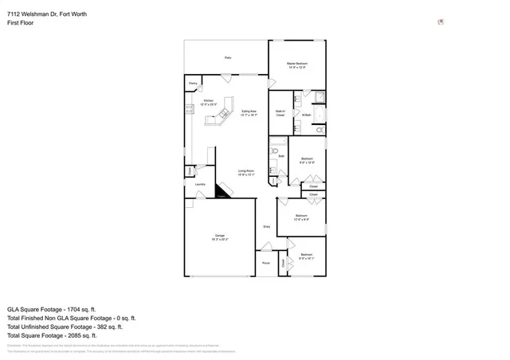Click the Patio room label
coord(227,57)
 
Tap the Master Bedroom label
coord(297,65)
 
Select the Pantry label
coord(193,83)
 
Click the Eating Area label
coord(249,112)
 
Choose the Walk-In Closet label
coord(280,113)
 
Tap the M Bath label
coord(305,115)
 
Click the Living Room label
coord(245,172)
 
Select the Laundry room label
coord(200,185)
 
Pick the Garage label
coord(218,237)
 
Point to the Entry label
coord(267,227)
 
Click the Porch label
coord(265,264)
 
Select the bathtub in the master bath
coord(317,97)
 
